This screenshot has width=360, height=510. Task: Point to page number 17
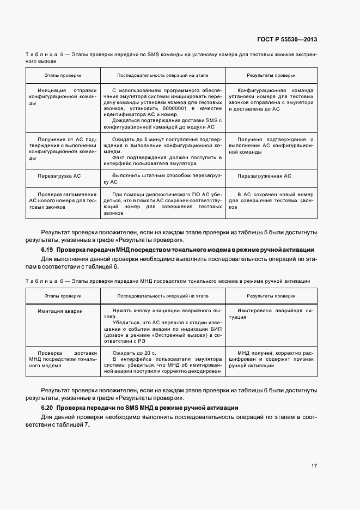point(314,466)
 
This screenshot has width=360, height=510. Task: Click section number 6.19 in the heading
point(48,249)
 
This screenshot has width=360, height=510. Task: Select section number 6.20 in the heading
point(48,408)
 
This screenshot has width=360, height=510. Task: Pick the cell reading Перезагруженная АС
point(264,176)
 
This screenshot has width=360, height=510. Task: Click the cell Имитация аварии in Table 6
point(60,311)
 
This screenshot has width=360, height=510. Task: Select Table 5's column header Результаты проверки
point(271,76)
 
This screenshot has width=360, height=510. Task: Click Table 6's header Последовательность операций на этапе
point(162,296)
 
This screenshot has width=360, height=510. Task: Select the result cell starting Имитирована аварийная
point(271,314)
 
